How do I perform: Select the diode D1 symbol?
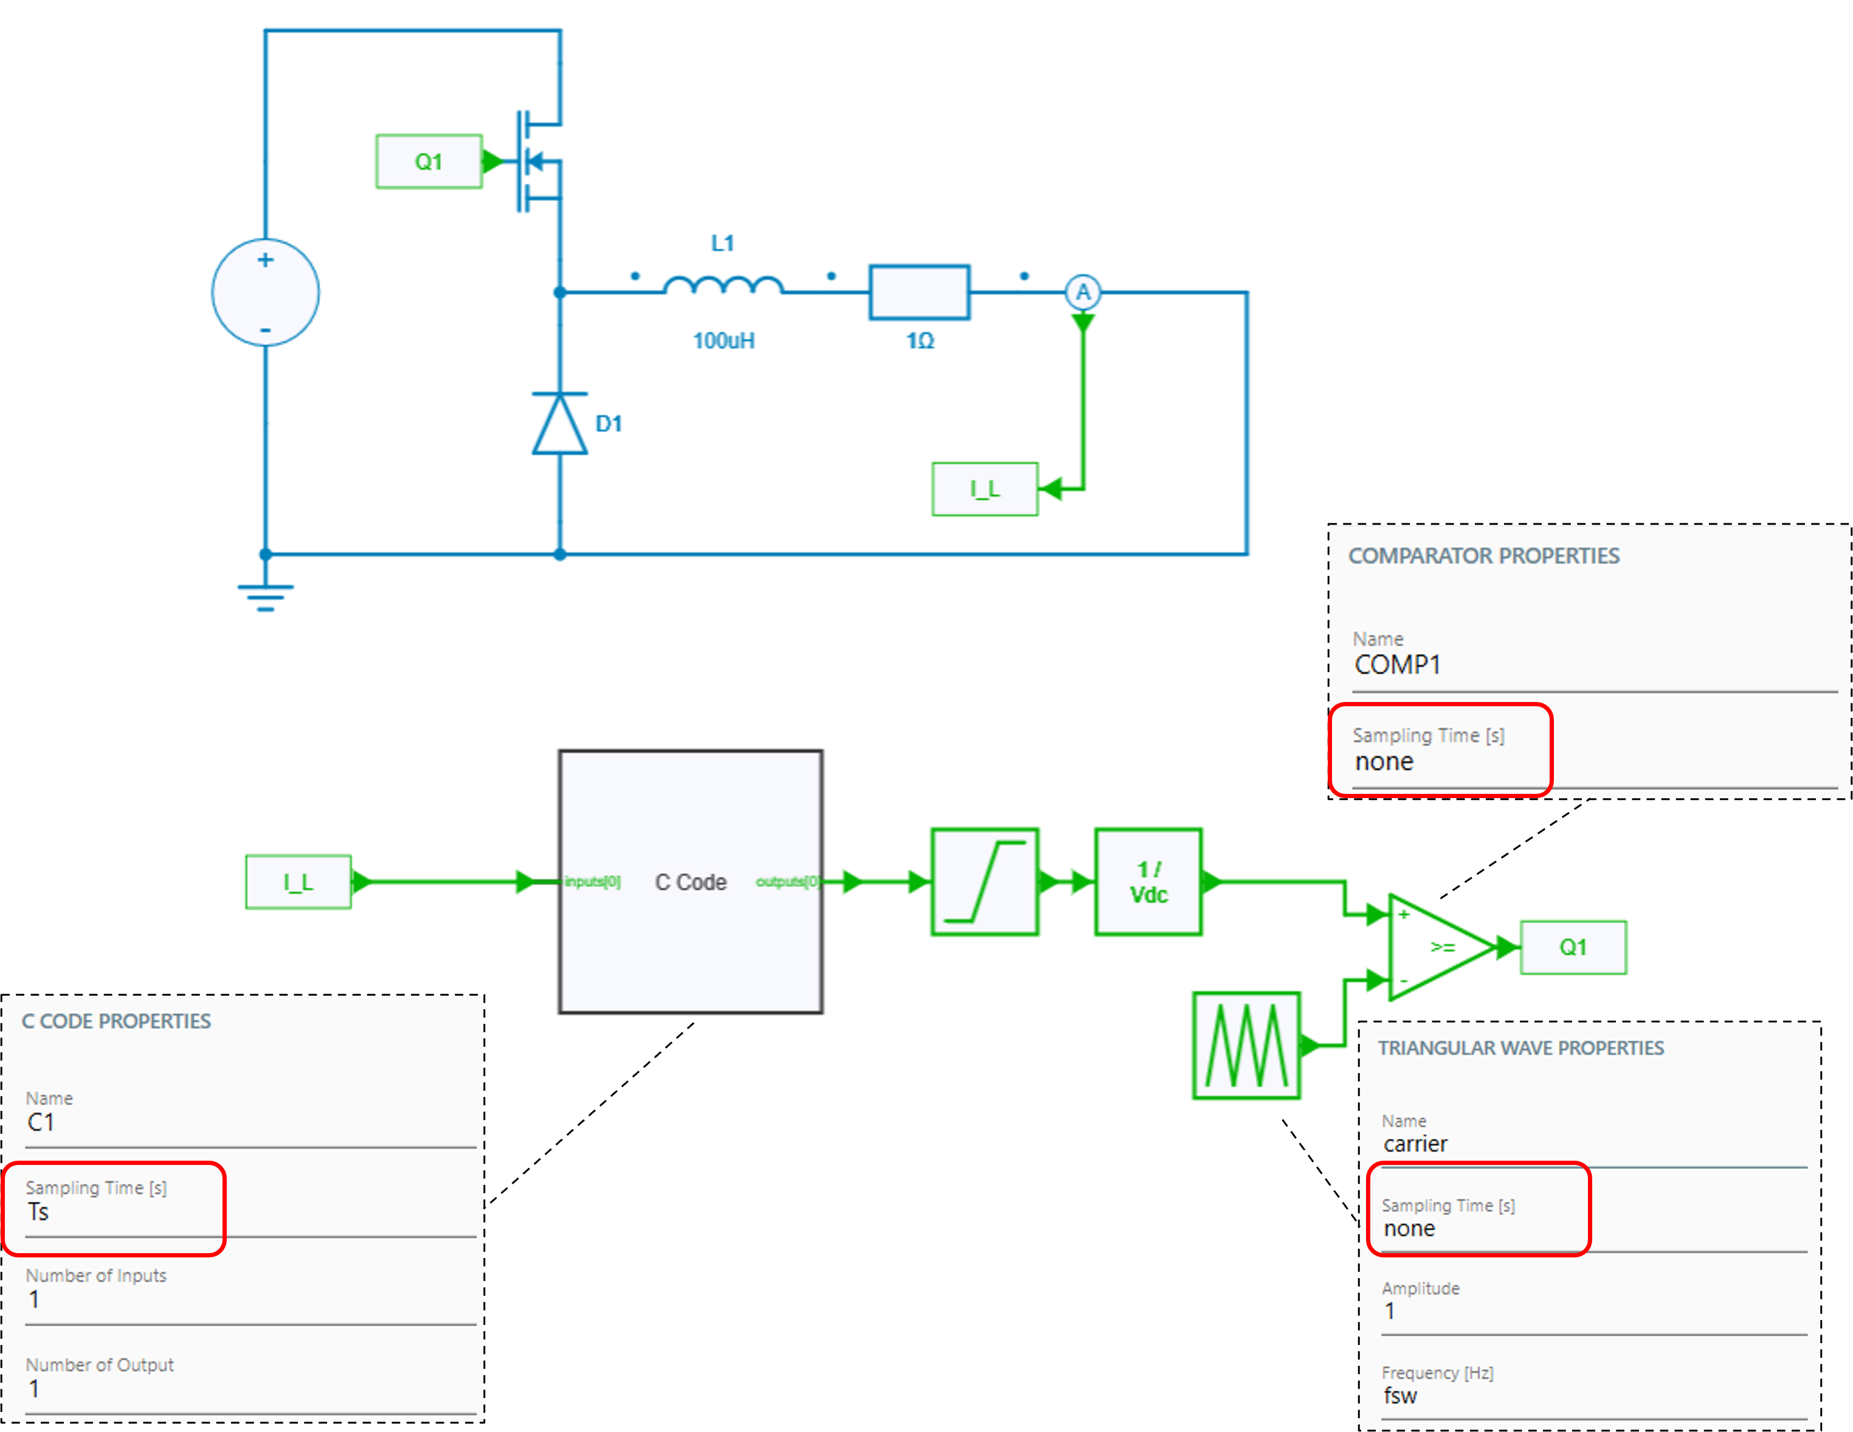(559, 423)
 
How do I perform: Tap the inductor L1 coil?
(723, 286)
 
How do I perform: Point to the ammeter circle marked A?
(1083, 293)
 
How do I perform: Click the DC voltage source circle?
(266, 293)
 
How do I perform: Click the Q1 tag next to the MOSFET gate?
(429, 161)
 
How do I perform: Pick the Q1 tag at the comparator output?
(1573, 947)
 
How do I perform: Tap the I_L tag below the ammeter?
(984, 489)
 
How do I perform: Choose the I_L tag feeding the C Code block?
(298, 882)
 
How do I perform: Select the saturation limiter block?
(984, 882)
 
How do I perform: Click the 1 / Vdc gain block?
(1148, 882)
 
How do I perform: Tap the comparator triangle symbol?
(1439, 947)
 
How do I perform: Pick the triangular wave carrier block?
(1246, 1045)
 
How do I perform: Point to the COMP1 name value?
(1398, 665)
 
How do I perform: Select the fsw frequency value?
(1400, 1396)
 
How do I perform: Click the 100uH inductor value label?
(723, 341)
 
